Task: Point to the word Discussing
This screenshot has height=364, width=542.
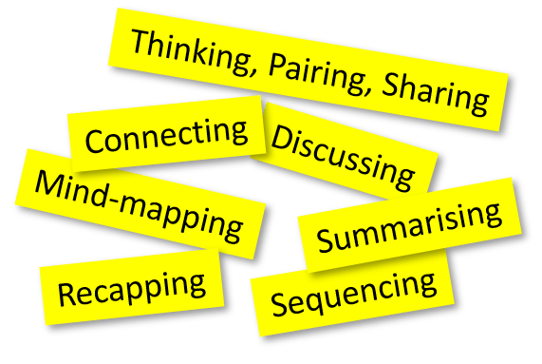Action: [344, 154]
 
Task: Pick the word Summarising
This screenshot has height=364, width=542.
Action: [410, 227]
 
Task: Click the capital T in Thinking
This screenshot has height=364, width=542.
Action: [140, 42]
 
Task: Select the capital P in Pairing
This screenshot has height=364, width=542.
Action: [278, 64]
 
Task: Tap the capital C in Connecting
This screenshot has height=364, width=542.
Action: [95, 143]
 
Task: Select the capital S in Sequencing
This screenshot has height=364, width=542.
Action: [279, 304]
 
